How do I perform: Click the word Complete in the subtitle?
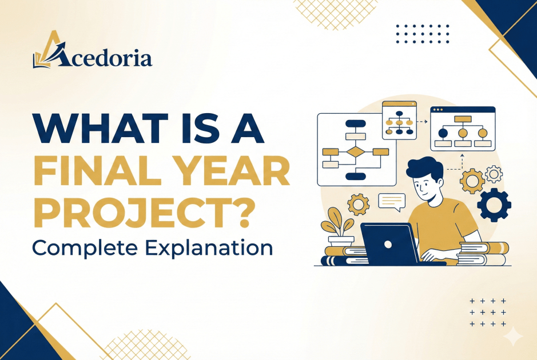coord(85,248)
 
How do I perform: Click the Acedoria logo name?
coord(103,58)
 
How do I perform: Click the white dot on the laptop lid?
coord(388,245)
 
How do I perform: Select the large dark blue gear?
coord(494,205)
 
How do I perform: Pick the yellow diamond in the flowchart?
coord(356,151)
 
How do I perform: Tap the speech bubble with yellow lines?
coord(392,202)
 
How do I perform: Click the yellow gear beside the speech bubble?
coord(359,205)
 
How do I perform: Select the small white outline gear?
coord(494,174)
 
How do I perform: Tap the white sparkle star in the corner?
coord(513,337)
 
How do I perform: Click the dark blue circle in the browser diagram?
coord(443,133)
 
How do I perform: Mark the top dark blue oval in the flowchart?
coord(356,123)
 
